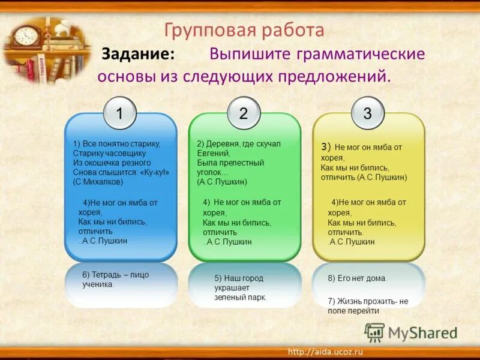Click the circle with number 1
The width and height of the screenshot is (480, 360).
pyautogui.click(x=119, y=113)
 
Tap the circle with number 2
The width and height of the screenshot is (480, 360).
pyautogui.click(x=244, y=113)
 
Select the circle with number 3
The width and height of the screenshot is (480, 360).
pyautogui.click(x=367, y=113)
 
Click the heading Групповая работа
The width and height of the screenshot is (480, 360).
pyautogui.click(x=244, y=30)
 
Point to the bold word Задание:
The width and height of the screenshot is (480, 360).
pyautogui.click(x=138, y=54)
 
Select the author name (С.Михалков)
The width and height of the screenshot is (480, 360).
pyautogui.click(x=98, y=181)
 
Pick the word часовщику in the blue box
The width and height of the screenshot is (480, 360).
pyautogui.click(x=127, y=153)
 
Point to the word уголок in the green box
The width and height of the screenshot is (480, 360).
pyautogui.click(x=210, y=172)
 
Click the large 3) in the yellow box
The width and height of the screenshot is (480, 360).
pyautogui.click(x=326, y=146)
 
